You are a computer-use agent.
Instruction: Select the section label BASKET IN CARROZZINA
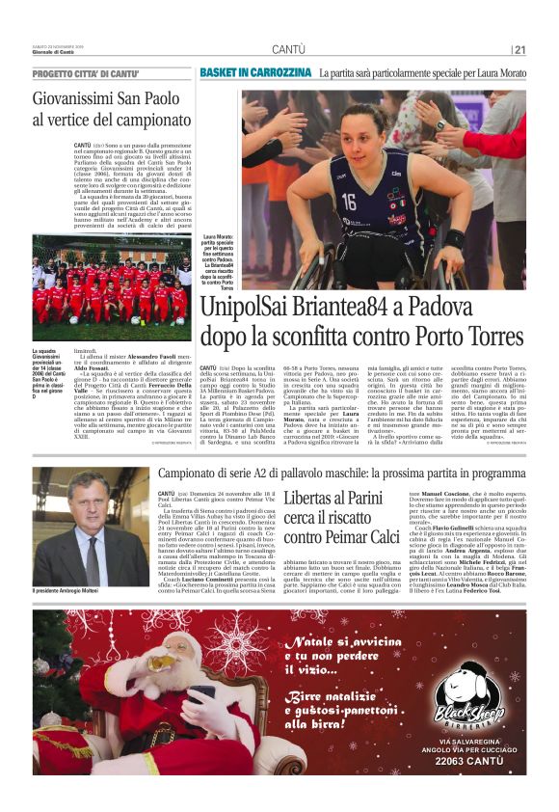tap(255, 72)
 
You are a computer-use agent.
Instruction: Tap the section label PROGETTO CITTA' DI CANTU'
tap(86, 74)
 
